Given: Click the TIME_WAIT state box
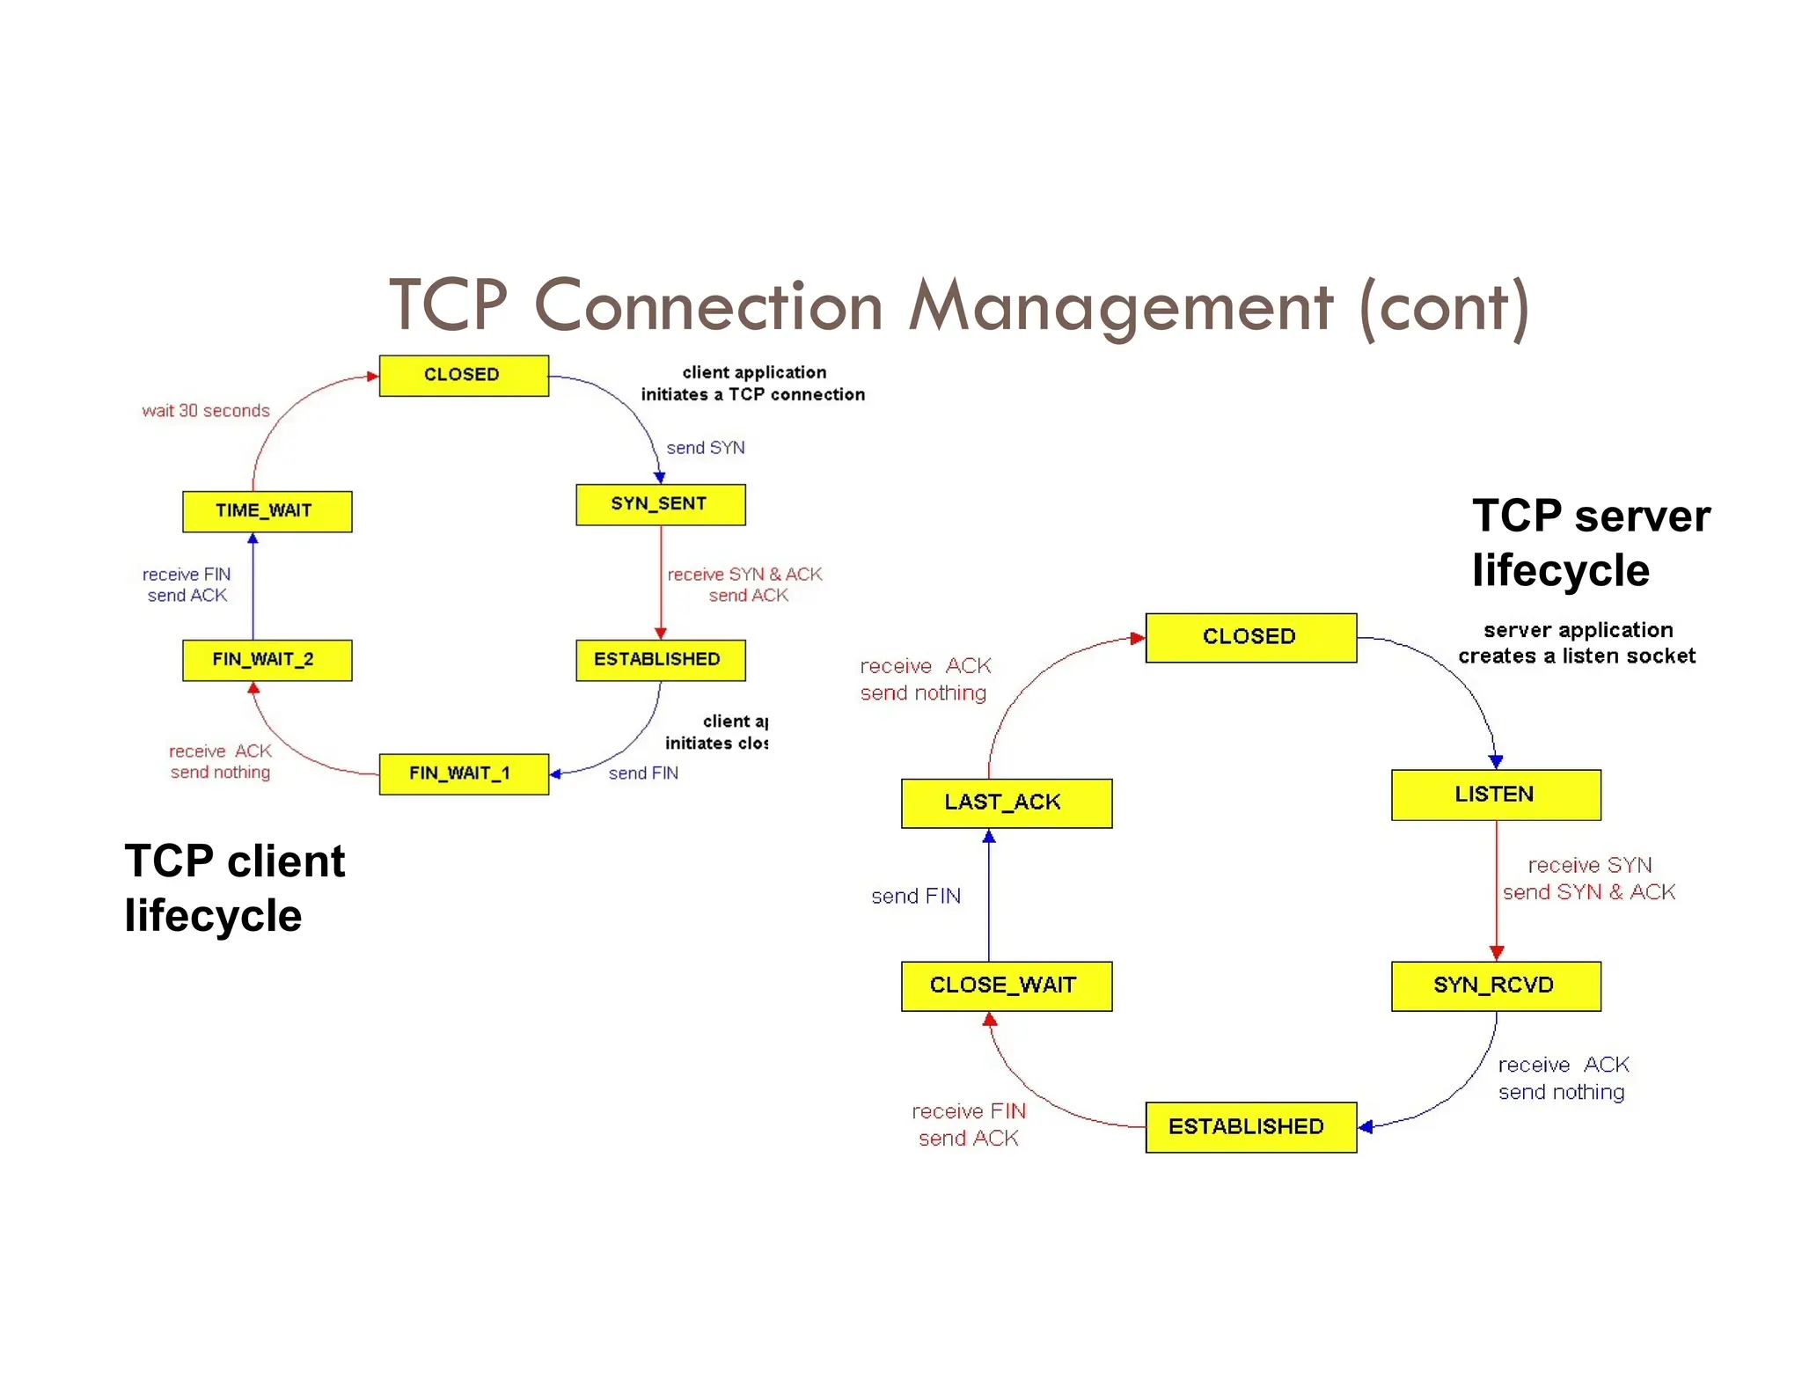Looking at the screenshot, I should click(267, 511).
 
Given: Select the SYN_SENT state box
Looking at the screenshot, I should click(660, 504).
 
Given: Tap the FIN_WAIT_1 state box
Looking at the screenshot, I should click(463, 773).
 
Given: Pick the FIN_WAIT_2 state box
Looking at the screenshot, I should click(267, 660).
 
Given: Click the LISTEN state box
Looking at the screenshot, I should click(1495, 795).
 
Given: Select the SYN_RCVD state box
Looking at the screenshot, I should click(1495, 985).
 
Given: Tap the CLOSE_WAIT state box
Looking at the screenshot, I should click(1006, 985).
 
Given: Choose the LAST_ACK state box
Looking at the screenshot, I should click(1006, 802).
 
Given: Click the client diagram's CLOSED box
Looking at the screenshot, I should click(463, 375).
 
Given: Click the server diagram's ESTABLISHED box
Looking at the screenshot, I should click(1249, 1126).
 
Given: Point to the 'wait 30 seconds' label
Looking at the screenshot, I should click(206, 411).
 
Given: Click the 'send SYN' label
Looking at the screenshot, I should click(705, 448).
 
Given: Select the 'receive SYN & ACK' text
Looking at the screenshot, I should click(744, 575).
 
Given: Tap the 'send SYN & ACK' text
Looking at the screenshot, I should click(1588, 892).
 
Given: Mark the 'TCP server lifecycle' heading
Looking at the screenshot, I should click(1590, 542).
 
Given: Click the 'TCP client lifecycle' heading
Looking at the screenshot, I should click(234, 888).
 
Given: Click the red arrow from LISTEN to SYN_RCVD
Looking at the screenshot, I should click(1496, 889).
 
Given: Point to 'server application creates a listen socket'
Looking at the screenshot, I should click(1577, 643).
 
